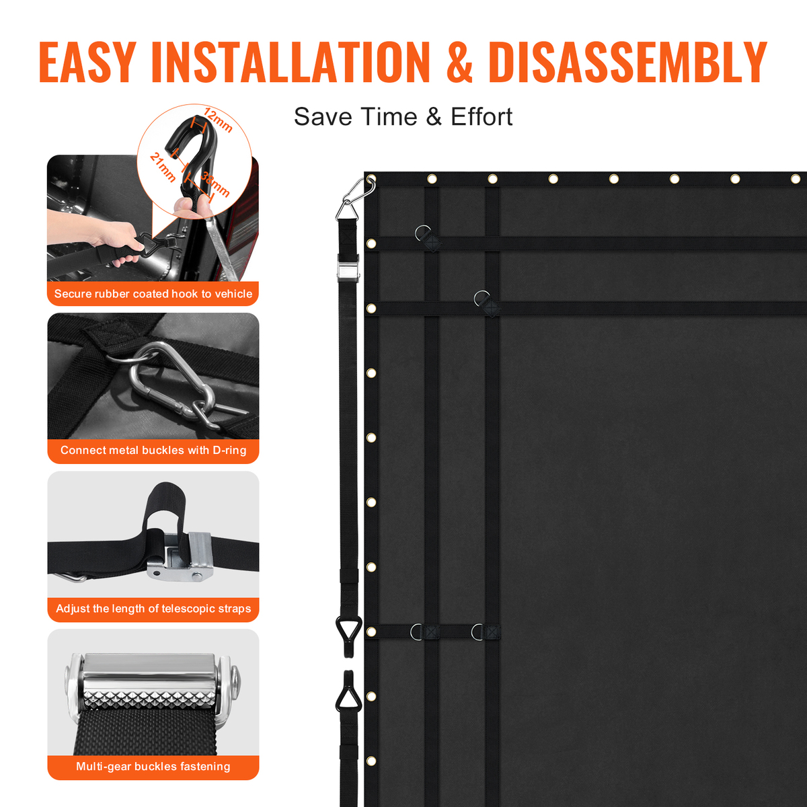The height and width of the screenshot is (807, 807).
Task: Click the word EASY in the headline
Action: pos(87,62)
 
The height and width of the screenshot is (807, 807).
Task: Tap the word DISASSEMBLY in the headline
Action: pos(627,62)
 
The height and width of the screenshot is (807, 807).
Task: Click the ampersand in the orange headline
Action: pos(459,62)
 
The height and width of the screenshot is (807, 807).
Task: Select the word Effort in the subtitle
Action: pos(482,116)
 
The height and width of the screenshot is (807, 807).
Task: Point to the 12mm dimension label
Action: pos(218,120)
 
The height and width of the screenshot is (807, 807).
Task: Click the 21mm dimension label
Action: pos(163,167)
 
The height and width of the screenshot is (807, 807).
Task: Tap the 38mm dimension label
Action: pos(215,184)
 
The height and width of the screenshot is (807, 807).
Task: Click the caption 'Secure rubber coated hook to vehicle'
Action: pos(153,294)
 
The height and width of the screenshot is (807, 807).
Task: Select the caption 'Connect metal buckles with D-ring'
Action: pos(153,450)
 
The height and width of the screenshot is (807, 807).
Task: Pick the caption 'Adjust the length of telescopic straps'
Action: pos(153,608)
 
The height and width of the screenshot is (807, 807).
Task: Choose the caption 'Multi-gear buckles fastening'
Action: pos(153,767)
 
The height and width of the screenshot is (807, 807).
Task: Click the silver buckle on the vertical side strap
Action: pos(348,268)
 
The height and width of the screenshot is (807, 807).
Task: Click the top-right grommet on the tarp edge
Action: pos(796,180)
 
